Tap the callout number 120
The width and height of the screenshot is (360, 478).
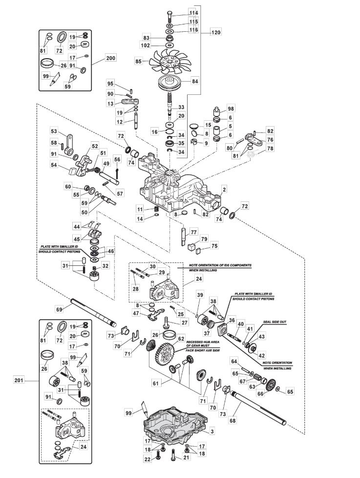[x=215, y=33]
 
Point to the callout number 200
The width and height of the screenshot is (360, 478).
[x=110, y=58]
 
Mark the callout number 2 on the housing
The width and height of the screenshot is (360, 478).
[x=224, y=188]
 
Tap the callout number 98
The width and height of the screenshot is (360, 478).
[x=231, y=108]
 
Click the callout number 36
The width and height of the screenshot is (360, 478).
[x=232, y=320]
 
